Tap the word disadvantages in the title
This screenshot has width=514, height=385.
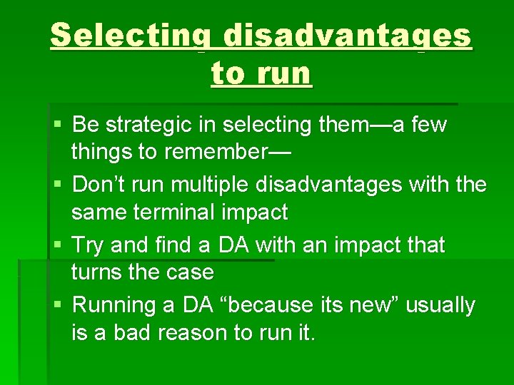[x=347, y=36]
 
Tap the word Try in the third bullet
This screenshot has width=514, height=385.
[x=89, y=245]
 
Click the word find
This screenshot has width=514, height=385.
[x=171, y=245]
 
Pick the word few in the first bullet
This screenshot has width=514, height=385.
[x=428, y=125]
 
